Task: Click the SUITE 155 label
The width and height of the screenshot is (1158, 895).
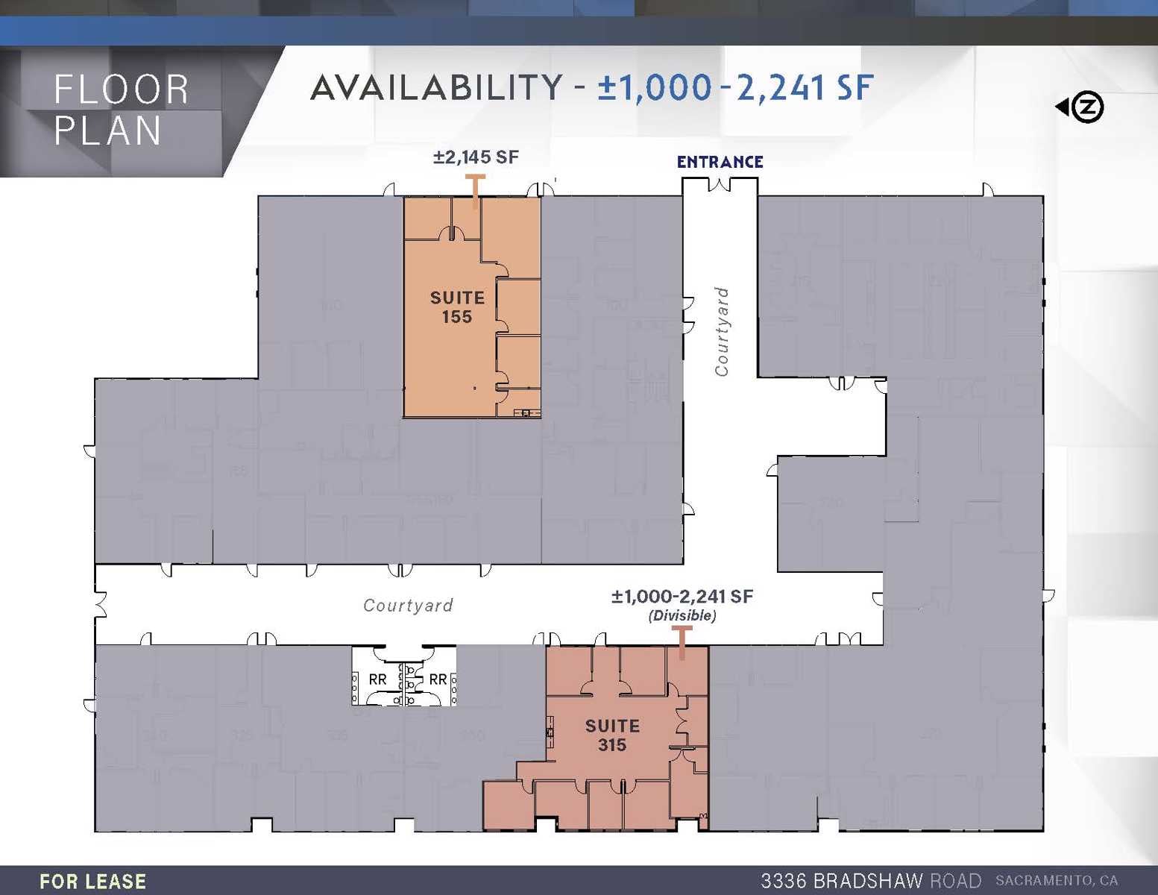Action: coord(457,307)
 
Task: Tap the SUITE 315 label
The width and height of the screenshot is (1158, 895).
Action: coord(612,735)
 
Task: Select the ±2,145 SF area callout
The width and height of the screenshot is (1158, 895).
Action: coord(476,157)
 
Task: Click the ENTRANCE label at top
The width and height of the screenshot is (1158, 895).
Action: coord(720,162)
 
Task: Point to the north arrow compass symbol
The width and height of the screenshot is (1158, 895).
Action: coord(1081,107)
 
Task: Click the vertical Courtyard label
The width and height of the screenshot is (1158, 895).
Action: coord(721,332)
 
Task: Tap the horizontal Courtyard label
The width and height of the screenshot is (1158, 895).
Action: coord(408,606)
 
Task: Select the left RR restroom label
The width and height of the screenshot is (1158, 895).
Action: coord(377,679)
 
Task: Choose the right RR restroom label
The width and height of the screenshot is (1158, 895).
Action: coord(438,679)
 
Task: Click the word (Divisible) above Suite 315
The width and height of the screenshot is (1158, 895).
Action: coord(682,615)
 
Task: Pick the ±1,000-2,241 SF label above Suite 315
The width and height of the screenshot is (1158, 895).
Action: coord(682,597)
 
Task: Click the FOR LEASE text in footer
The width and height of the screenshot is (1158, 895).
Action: coord(92,882)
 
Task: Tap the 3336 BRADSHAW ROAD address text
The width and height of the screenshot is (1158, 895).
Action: coord(870,881)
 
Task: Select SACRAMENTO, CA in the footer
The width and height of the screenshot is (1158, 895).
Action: coord(1057,881)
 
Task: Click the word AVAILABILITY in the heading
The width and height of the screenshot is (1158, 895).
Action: coord(436,87)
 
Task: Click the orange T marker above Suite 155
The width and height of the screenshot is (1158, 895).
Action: coord(475,190)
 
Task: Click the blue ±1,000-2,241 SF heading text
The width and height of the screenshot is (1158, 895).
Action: coord(735,87)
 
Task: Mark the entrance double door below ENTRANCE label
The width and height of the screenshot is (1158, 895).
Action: coord(720,184)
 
